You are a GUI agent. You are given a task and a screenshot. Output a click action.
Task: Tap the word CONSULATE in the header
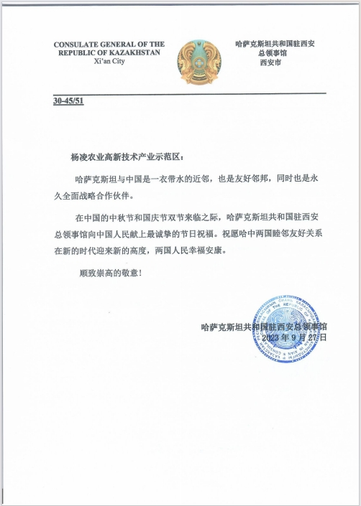tap(81, 44)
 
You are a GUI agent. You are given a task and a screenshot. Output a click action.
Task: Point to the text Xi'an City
tap(109, 62)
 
